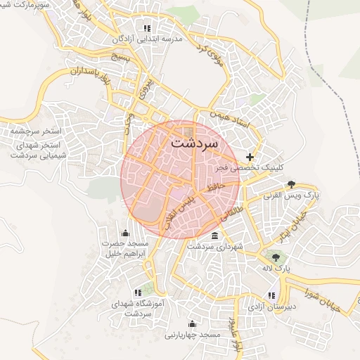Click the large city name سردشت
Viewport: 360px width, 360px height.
click(x=195, y=142)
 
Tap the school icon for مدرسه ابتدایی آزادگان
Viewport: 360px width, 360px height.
click(x=147, y=28)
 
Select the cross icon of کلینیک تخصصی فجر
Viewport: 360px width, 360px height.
click(x=250, y=156)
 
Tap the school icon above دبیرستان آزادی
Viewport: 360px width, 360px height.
click(x=271, y=295)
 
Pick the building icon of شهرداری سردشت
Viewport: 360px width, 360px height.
click(x=214, y=236)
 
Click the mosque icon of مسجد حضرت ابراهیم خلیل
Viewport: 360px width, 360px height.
click(x=126, y=233)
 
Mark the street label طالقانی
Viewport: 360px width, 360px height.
click(x=233, y=207)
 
